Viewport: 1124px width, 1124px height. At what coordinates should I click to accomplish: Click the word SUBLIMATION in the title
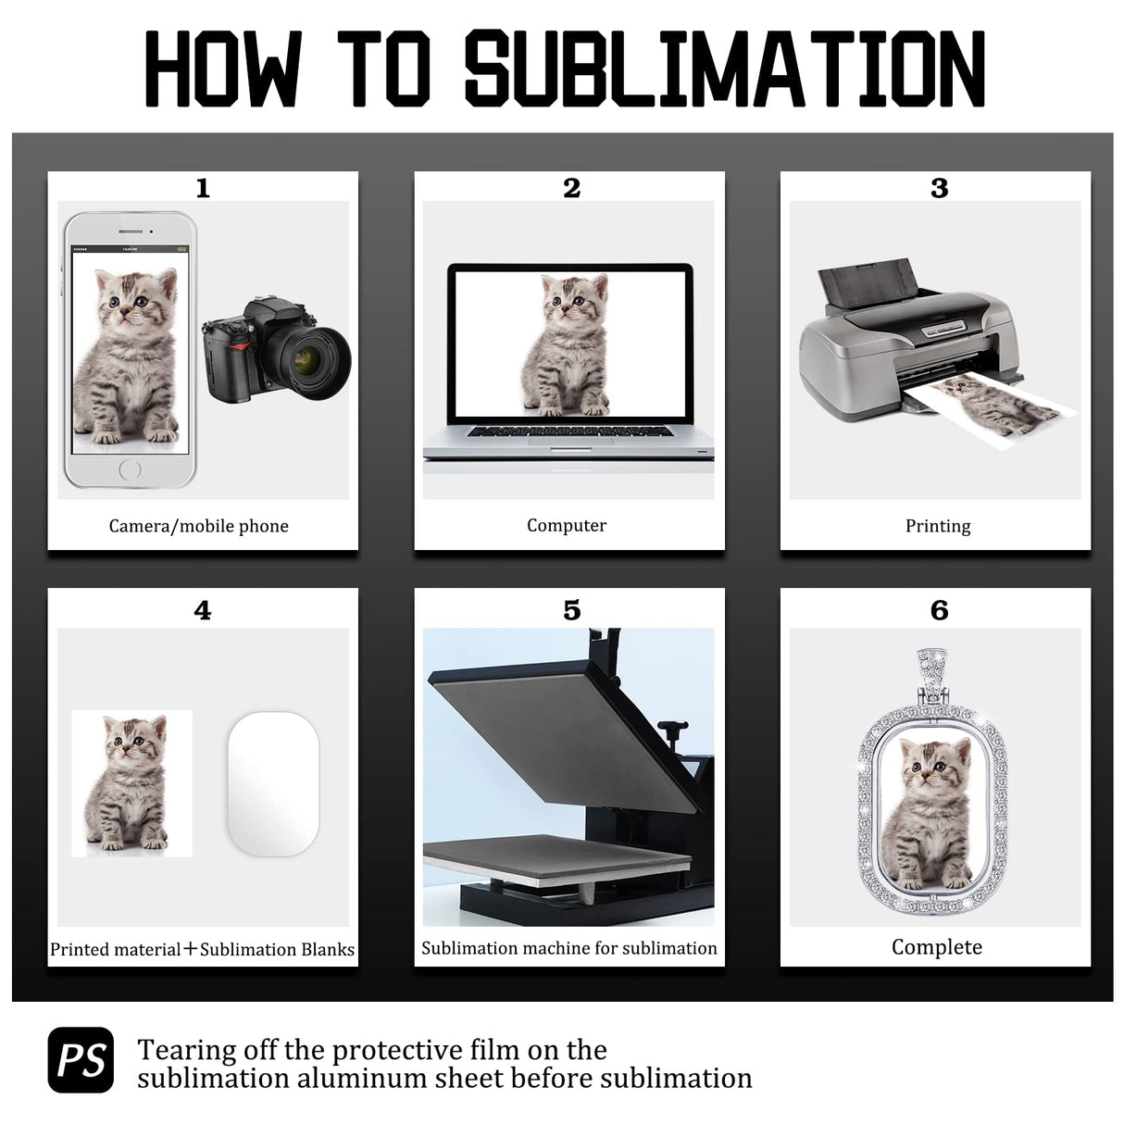pyautogui.click(x=725, y=69)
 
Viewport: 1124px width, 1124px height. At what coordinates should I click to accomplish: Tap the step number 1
pyautogui.click(x=203, y=189)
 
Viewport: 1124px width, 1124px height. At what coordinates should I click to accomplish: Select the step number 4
pyautogui.click(x=203, y=611)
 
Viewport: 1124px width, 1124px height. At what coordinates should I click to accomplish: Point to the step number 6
pyautogui.click(x=939, y=611)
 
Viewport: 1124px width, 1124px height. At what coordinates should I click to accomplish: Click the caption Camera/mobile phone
pyautogui.click(x=198, y=526)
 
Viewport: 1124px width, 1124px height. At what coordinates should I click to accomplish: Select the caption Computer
pyautogui.click(x=567, y=525)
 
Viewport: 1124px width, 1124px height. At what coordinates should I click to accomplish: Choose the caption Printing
pyautogui.click(x=938, y=526)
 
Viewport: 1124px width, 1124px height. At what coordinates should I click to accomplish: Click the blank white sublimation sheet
pyautogui.click(x=273, y=782)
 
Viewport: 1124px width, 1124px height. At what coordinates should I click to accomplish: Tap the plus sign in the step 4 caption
pyautogui.click(x=191, y=949)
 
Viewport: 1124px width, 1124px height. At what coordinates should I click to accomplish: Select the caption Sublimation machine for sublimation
pyautogui.click(x=569, y=948)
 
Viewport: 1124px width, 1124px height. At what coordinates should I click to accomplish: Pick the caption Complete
pyautogui.click(x=937, y=947)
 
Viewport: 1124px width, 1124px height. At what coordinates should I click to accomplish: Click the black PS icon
pyautogui.click(x=81, y=1059)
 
